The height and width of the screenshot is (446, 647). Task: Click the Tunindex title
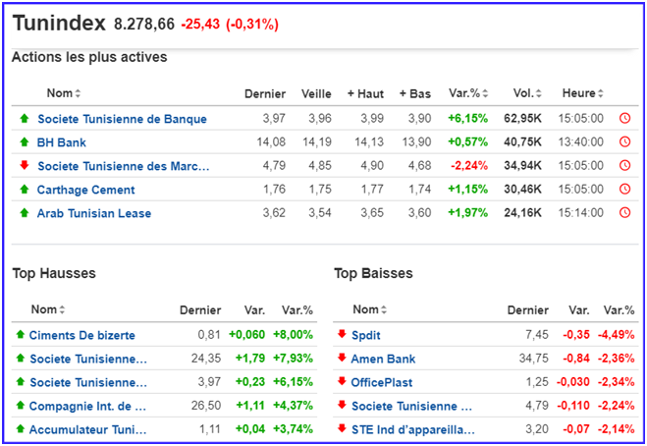point(58,23)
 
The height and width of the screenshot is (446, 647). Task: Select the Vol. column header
point(524,93)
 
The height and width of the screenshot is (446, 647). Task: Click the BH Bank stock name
point(61,142)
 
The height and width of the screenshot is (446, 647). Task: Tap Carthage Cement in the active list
point(85,190)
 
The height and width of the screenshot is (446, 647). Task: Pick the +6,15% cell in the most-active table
point(467,119)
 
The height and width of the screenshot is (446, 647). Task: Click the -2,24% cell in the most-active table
point(469,166)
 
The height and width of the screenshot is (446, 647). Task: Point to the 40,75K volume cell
point(523,142)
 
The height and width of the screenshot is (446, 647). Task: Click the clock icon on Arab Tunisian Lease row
point(624,213)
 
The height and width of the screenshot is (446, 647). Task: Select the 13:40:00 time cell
point(580,142)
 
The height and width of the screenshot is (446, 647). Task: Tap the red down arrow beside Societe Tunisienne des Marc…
point(24,166)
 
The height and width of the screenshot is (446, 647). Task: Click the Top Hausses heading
point(54,273)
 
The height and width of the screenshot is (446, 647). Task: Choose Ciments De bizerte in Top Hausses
point(81,335)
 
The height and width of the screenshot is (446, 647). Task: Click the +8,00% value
point(293,335)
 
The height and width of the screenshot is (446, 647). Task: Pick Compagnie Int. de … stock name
point(87,406)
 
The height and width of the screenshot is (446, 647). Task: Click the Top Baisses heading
point(373,273)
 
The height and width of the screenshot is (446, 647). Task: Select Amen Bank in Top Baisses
point(383,359)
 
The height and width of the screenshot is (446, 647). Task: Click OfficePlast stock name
point(382,382)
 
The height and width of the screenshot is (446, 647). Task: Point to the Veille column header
point(316,93)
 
